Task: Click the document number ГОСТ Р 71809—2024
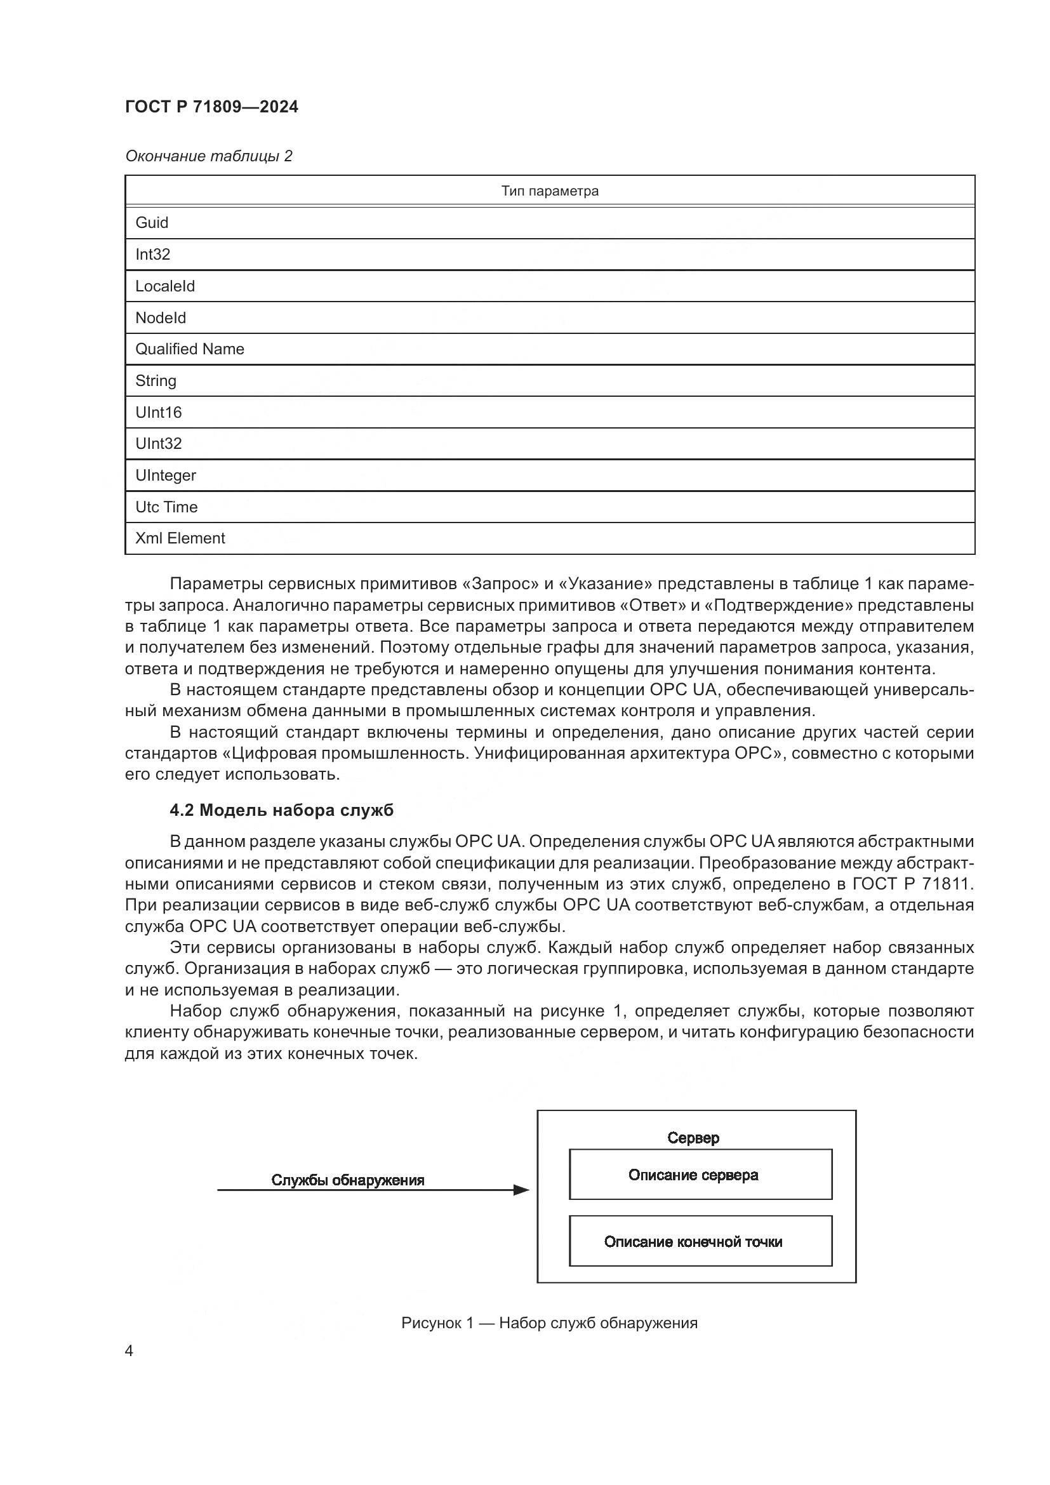tap(211, 107)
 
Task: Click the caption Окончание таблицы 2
tap(208, 156)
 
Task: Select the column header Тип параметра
tap(549, 191)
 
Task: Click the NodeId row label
tap(161, 317)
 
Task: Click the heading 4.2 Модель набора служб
tap(281, 810)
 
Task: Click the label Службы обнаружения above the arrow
tap(348, 1180)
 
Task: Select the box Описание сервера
tap(700, 1175)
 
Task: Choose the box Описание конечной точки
tap(700, 1241)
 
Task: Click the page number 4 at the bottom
tap(129, 1350)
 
